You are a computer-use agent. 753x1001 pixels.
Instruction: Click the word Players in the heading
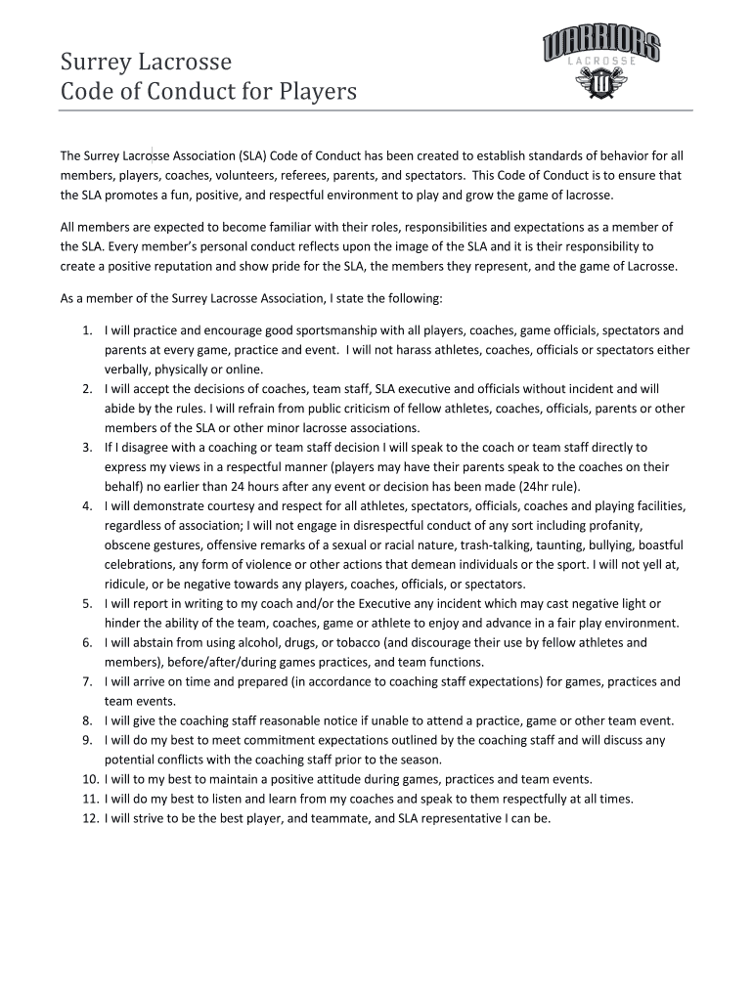pyautogui.click(x=318, y=93)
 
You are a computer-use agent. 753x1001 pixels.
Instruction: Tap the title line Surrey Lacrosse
pyautogui.click(x=146, y=62)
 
